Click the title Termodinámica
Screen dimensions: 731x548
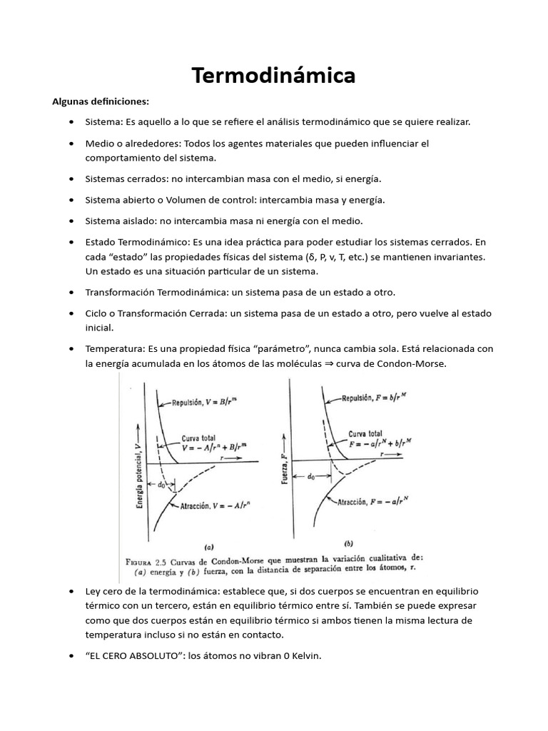(x=273, y=76)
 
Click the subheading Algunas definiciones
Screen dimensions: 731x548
(x=101, y=101)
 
